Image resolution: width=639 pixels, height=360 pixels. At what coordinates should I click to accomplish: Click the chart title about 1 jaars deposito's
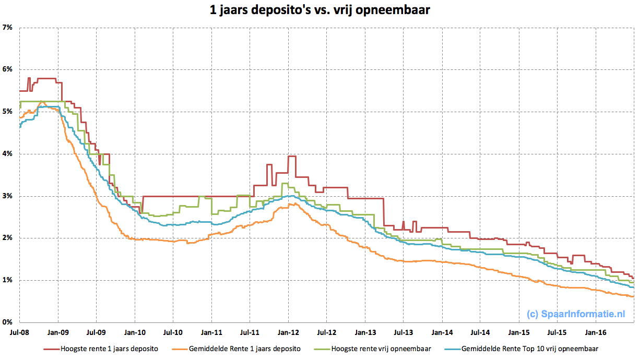[319, 9]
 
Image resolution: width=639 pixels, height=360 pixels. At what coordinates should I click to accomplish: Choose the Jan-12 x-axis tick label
[288, 332]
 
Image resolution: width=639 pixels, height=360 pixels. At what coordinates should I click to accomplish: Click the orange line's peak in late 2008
[41, 101]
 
